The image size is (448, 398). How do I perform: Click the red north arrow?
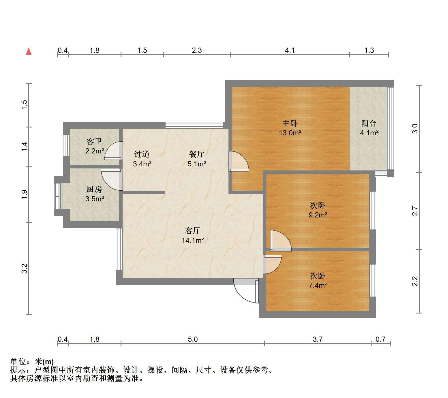tap(29, 51)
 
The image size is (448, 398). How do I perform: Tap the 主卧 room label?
tap(290, 123)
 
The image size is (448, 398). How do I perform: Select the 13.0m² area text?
tap(290, 133)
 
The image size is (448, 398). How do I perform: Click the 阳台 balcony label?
tap(369, 123)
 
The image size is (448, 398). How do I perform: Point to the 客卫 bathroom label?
tap(94, 142)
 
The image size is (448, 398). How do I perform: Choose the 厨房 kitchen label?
tap(94, 189)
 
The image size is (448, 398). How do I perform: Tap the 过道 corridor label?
tap(142, 154)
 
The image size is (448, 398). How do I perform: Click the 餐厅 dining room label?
tap(197, 154)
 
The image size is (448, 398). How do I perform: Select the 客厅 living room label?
tap(193, 230)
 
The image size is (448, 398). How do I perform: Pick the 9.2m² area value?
tap(318, 215)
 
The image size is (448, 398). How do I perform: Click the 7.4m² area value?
tap(318, 285)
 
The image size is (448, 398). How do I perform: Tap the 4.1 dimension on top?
tap(290, 50)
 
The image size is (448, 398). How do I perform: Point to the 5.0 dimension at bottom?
tap(193, 339)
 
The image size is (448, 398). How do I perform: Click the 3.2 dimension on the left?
tap(25, 269)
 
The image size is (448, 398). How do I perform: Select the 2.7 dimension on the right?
tap(415, 211)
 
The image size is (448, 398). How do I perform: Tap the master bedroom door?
tap(239, 161)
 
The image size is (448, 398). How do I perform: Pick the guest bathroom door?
tap(113, 150)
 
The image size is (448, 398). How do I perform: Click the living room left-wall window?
tap(119, 249)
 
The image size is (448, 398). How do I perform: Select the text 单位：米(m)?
tap(32, 362)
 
